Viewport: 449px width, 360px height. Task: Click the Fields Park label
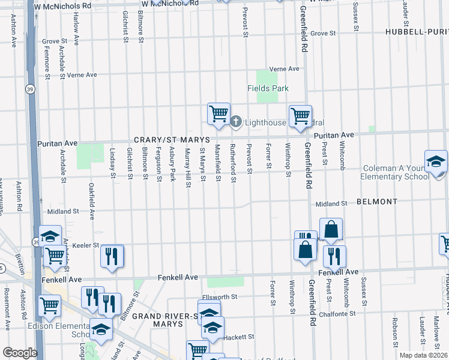268,88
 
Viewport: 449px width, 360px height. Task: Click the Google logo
19,353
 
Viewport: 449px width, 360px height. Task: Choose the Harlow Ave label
76,29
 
